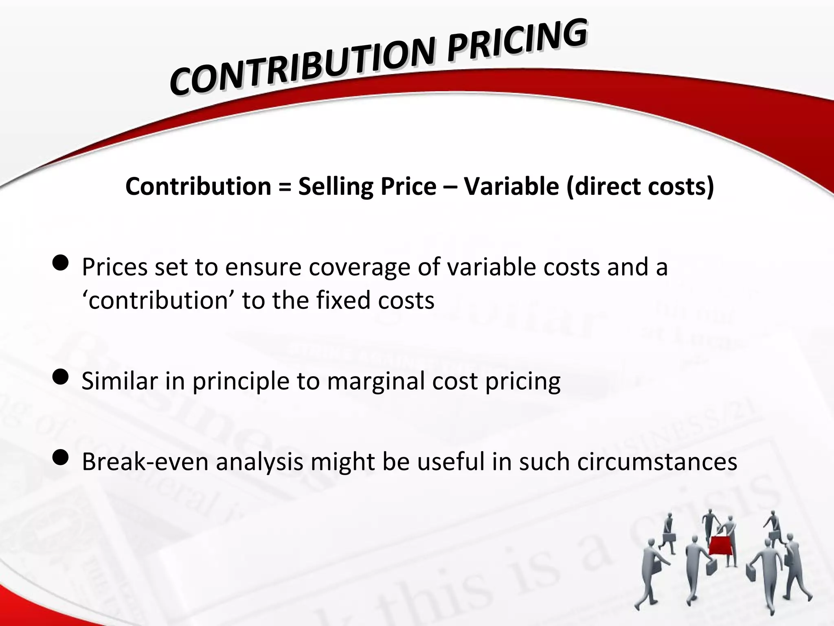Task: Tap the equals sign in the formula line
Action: (285, 187)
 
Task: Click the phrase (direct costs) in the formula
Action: (639, 187)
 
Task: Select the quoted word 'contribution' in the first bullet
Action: (157, 301)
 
